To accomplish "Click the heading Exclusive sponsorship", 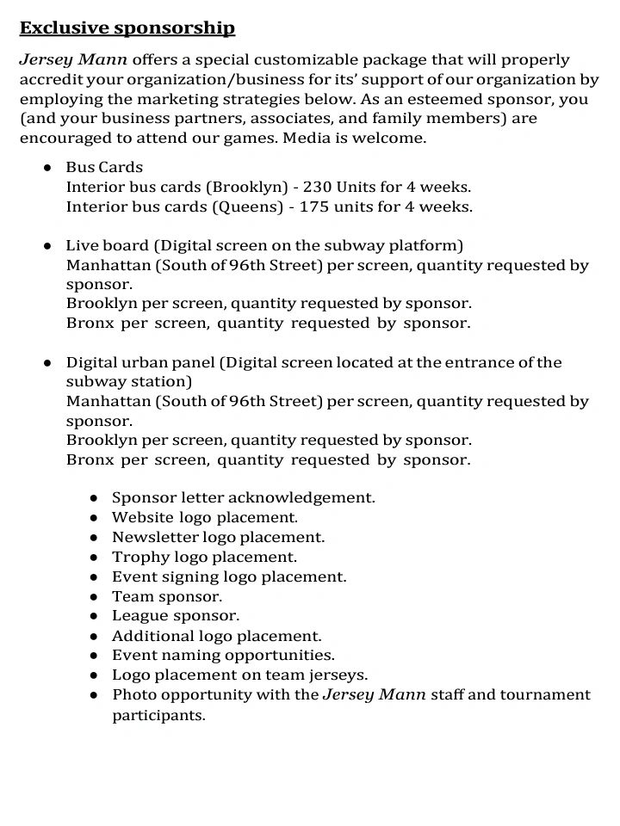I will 127,28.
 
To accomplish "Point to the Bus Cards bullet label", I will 104,167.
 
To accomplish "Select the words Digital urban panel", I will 141,362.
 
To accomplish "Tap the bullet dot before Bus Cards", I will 49,167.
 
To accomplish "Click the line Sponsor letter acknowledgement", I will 244,497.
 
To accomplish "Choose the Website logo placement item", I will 205,517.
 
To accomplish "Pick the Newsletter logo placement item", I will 219,537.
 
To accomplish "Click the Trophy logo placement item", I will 204,557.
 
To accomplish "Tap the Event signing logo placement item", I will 229,576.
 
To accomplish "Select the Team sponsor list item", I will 167,596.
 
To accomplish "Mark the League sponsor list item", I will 176,616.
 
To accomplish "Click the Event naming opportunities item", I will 223,656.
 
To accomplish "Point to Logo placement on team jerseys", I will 239,675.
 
